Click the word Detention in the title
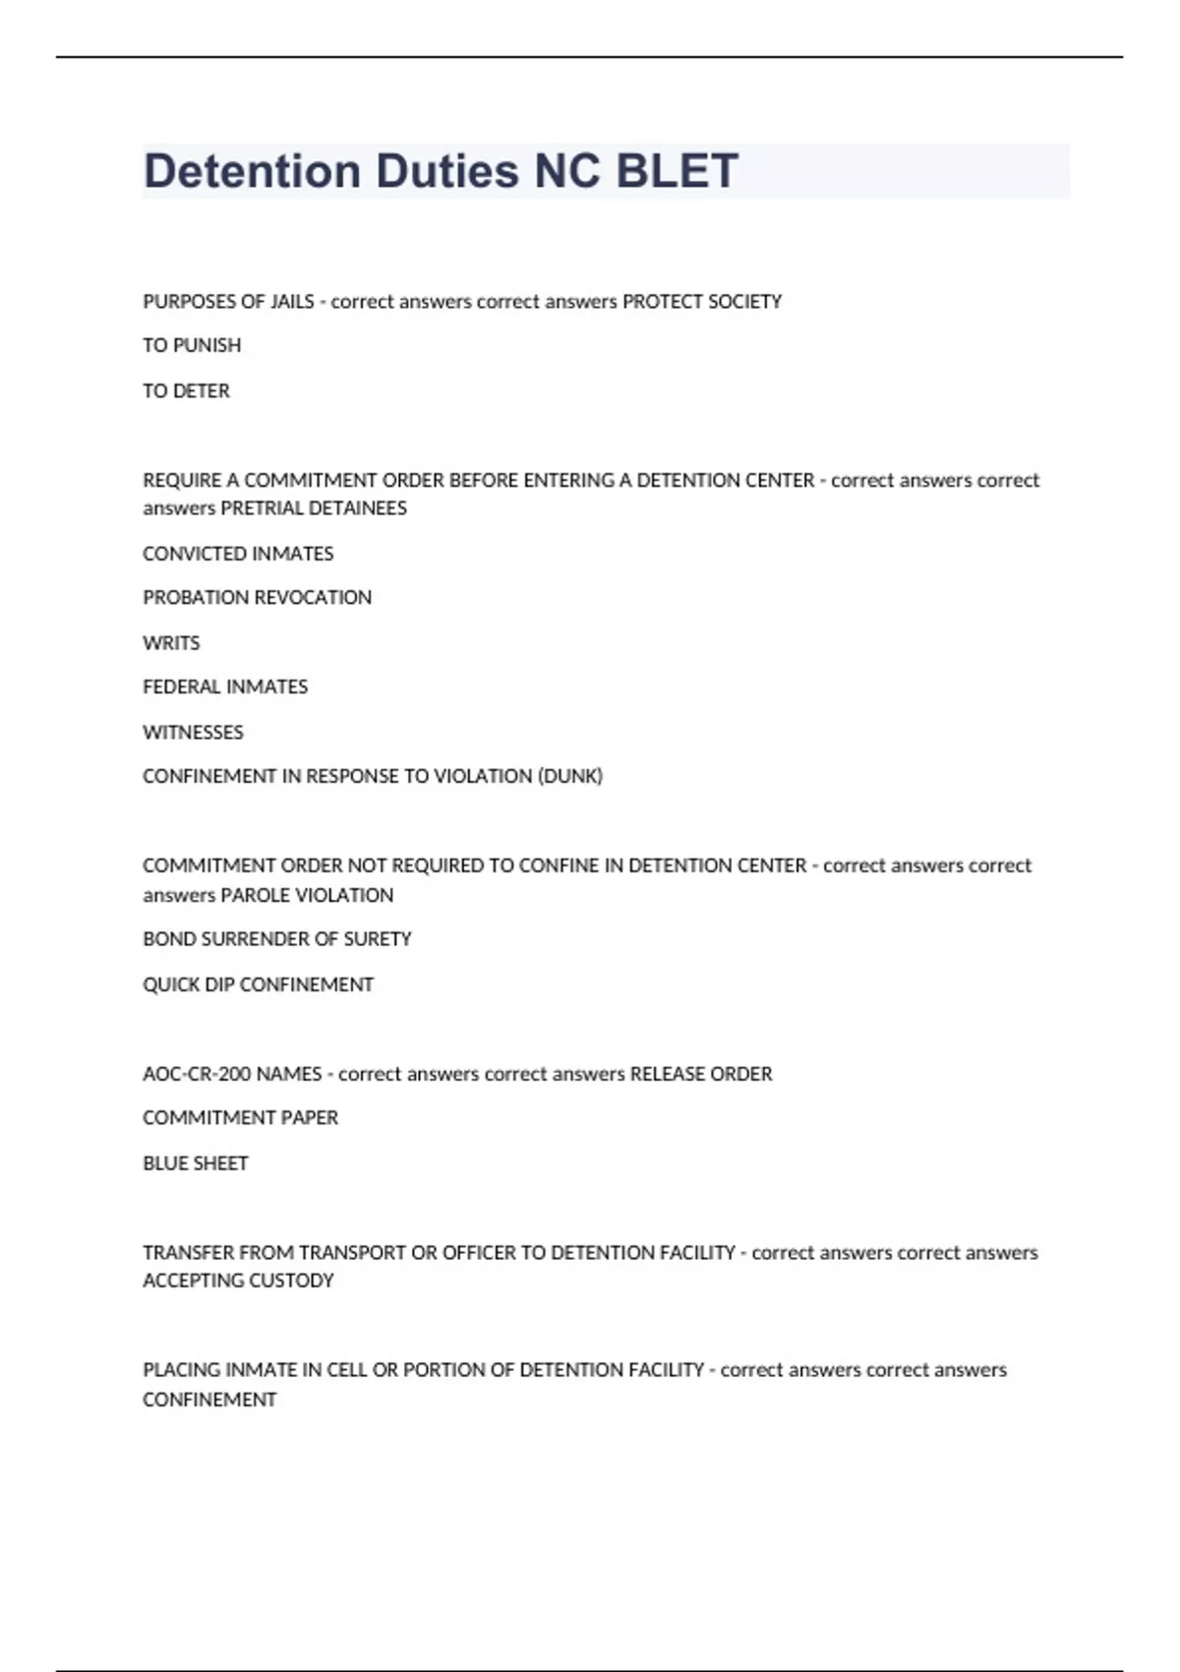click(x=252, y=171)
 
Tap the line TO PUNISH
click(x=192, y=345)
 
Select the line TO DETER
click(x=186, y=390)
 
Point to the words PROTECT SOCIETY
click(x=702, y=301)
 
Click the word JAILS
click(x=292, y=301)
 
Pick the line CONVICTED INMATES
click(x=238, y=554)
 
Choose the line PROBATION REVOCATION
click(x=257, y=597)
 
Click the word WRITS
click(x=171, y=642)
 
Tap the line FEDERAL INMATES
click(x=225, y=687)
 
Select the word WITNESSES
click(x=193, y=732)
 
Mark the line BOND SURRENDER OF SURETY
click(x=276, y=939)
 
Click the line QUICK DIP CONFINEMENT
click(x=258, y=985)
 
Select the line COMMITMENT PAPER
click(x=240, y=1117)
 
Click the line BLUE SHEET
click(x=195, y=1163)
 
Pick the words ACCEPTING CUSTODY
click(x=238, y=1281)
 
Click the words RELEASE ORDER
click(x=701, y=1074)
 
